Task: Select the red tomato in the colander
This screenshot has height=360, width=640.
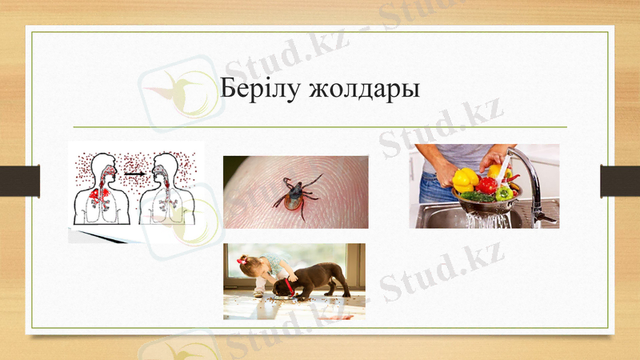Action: (x=486, y=186)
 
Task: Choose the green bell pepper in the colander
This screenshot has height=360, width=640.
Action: (x=504, y=193)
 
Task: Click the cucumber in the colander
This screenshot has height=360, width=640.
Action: (x=472, y=195)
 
